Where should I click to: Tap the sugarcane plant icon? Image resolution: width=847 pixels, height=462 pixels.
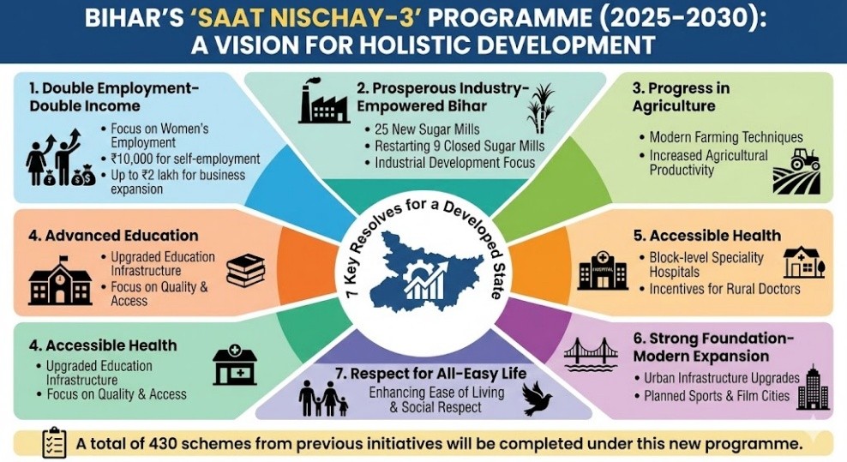(x=541, y=108)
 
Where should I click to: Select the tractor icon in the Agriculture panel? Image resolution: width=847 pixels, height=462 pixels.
(x=805, y=159)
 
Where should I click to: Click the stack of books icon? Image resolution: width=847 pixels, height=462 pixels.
(x=246, y=270)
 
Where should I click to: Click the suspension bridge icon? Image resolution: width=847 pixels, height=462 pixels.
(x=591, y=355)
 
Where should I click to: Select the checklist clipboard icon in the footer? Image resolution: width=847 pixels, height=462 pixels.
(x=54, y=443)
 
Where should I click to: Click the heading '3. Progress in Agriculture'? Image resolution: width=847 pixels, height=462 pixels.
(x=682, y=97)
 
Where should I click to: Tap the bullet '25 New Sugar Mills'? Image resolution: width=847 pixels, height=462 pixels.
(x=427, y=129)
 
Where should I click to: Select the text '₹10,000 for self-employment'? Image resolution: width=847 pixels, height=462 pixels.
(x=185, y=159)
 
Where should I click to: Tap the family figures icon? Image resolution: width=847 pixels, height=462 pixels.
(x=323, y=399)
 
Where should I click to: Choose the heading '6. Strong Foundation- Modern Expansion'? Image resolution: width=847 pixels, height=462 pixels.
(x=713, y=347)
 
